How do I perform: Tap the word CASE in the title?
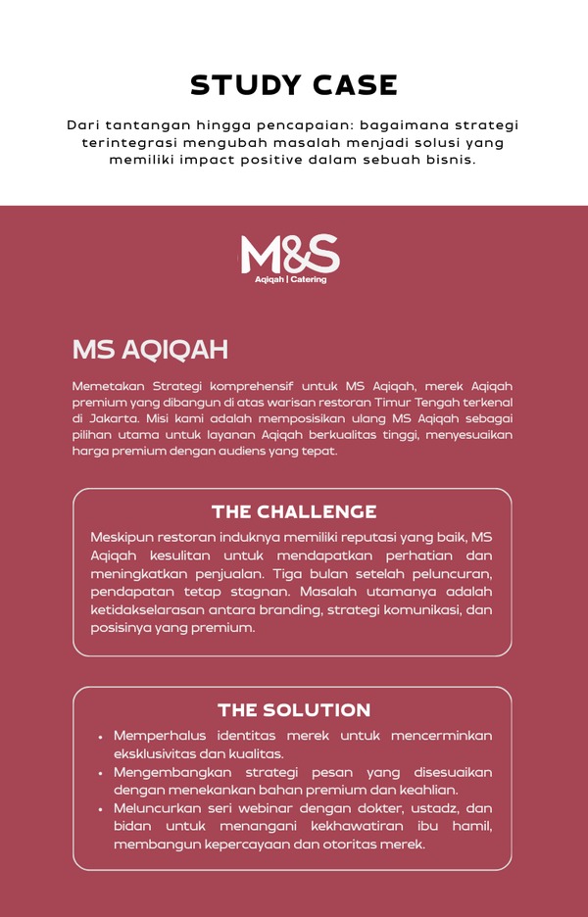(x=349, y=85)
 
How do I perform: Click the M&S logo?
(x=290, y=254)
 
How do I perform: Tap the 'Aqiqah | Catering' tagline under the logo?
(x=290, y=280)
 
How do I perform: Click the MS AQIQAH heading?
(x=150, y=350)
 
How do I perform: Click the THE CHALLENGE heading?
(x=294, y=511)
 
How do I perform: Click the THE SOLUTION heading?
(x=294, y=710)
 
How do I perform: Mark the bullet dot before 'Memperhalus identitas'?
(x=101, y=737)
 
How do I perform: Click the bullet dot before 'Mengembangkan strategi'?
(x=101, y=773)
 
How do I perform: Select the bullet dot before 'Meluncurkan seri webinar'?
(x=101, y=809)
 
